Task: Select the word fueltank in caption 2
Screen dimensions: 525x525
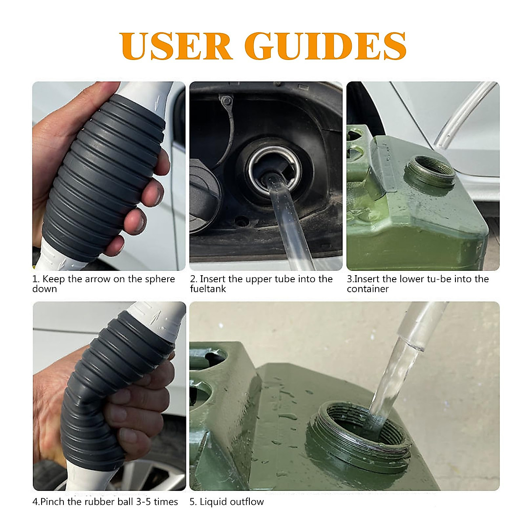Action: pos(208,289)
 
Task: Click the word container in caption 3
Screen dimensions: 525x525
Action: pos(367,289)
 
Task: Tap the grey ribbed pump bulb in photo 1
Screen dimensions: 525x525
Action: pos(101,175)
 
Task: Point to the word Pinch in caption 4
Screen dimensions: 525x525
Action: pos(52,502)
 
